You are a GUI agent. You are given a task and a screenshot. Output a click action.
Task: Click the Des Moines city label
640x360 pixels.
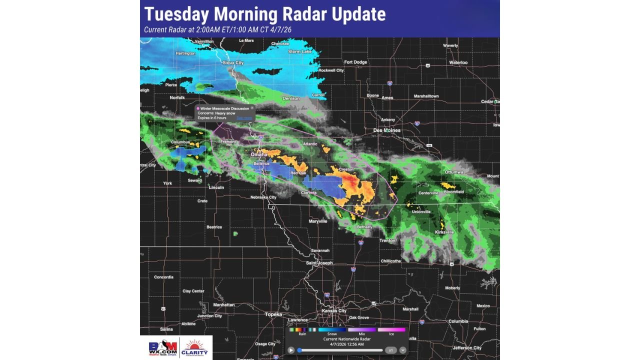click(387, 130)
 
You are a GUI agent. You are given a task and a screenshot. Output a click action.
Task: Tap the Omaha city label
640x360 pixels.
click(259, 154)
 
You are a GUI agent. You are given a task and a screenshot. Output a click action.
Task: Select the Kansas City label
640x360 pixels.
click(335, 311)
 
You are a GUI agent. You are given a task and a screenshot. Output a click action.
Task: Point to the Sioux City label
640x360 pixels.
click(233, 63)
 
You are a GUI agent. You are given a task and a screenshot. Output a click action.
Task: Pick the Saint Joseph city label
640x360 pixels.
click(319, 263)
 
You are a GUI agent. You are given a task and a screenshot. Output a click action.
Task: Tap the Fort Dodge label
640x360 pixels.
click(355, 62)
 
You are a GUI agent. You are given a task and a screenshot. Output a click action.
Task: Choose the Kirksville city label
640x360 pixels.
click(444, 232)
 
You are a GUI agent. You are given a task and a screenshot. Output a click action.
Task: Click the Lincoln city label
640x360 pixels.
click(216, 187)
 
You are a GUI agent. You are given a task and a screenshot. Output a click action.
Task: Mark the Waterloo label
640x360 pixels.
click(458, 62)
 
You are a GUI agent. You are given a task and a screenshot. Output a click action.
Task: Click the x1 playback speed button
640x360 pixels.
click(391, 350)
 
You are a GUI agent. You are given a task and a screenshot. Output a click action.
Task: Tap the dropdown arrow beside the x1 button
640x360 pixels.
click(403, 350)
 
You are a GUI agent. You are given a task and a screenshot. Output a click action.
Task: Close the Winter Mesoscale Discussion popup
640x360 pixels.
click(252, 108)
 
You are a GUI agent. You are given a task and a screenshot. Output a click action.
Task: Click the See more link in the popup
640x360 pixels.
click(244, 118)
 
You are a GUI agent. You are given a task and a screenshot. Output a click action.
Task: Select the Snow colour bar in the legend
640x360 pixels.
click(332, 329)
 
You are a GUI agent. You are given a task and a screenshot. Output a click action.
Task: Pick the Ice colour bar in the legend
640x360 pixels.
click(391, 329)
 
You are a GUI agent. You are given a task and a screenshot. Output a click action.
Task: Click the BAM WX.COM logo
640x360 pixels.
click(163, 348)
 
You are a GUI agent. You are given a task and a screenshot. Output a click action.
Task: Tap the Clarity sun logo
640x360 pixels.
click(195, 348)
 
